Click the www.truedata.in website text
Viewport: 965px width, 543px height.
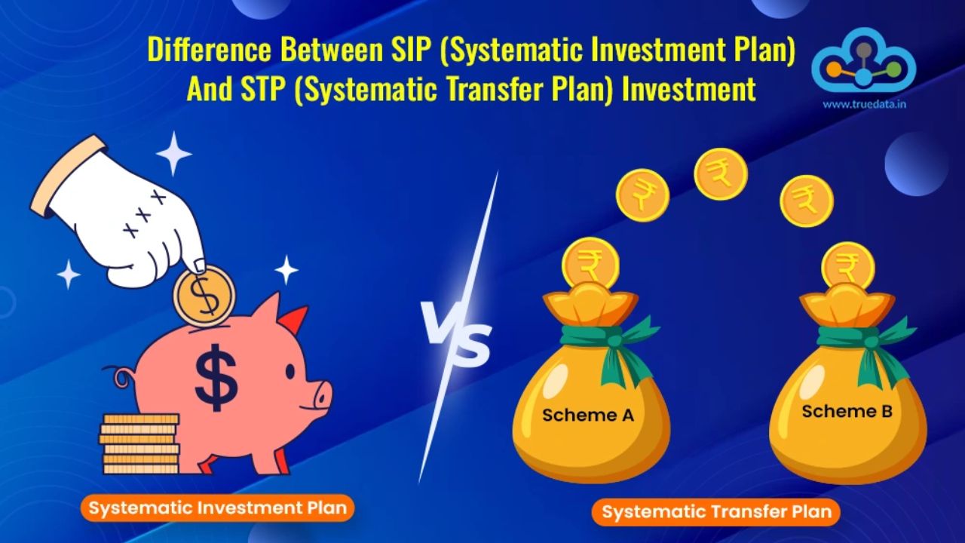click(x=864, y=104)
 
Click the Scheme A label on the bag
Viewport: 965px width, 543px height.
click(x=588, y=415)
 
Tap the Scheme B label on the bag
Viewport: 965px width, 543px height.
click(x=847, y=412)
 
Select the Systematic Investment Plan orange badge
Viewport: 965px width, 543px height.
click(x=218, y=508)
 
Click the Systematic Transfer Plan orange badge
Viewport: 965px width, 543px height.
click(x=716, y=512)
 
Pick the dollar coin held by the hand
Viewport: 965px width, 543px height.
click(x=204, y=295)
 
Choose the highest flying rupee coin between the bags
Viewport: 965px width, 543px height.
click(x=721, y=174)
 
